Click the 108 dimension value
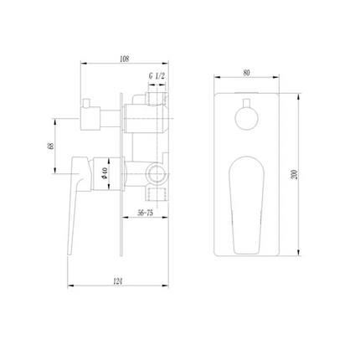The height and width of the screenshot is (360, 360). click(124, 59)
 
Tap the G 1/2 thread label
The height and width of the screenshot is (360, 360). click(157, 75)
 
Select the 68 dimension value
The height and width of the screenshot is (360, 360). click(50, 146)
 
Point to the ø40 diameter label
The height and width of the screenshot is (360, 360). click(105, 173)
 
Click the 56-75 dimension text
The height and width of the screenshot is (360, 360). click(146, 213)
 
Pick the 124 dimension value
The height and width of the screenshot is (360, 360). click(118, 281)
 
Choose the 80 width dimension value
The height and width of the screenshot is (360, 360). click(246, 73)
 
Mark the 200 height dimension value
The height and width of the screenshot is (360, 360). click(294, 174)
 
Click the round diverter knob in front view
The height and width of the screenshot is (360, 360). click(246, 119)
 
